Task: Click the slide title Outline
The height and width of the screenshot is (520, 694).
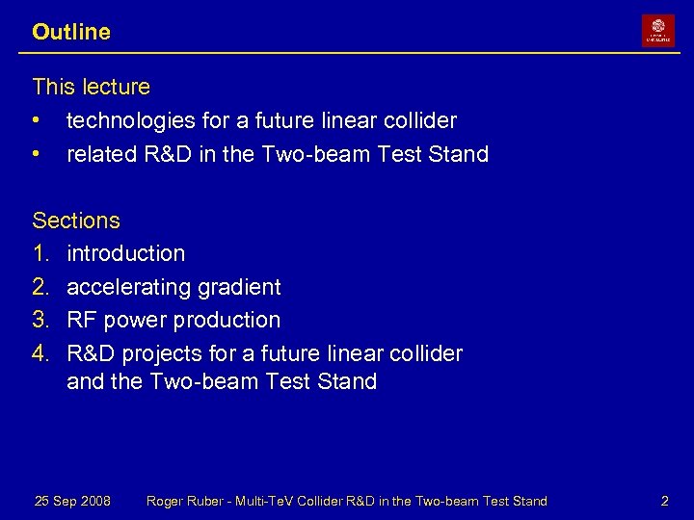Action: [x=71, y=32]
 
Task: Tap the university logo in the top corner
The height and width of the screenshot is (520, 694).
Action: [x=658, y=31]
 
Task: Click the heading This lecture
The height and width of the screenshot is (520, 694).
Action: [x=92, y=87]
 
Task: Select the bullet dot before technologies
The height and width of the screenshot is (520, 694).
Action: [x=37, y=121]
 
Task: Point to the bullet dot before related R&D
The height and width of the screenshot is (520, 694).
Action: [x=37, y=154]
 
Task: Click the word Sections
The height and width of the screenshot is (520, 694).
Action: [x=76, y=221]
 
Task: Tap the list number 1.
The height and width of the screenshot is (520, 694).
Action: [x=40, y=254]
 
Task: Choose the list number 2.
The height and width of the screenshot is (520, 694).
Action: [x=40, y=287]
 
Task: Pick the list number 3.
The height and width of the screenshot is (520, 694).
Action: [x=40, y=320]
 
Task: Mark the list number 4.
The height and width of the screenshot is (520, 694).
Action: [x=40, y=353]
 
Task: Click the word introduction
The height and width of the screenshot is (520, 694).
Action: [x=125, y=254]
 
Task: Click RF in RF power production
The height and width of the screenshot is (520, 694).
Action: [x=79, y=320]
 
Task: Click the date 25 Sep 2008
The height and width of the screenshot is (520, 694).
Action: [x=72, y=501]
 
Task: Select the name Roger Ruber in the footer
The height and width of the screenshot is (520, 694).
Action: [x=185, y=501]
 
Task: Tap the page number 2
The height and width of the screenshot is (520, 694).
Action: [x=664, y=501]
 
